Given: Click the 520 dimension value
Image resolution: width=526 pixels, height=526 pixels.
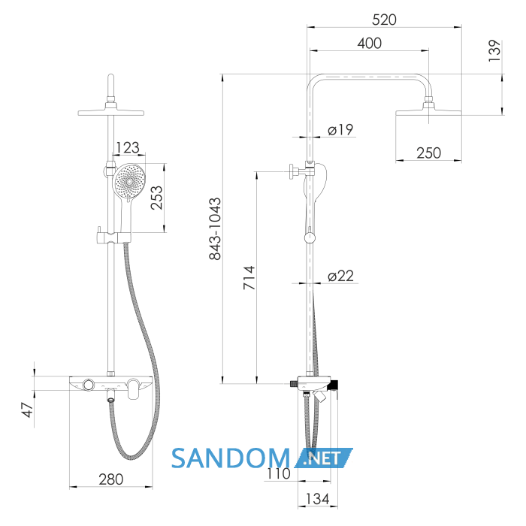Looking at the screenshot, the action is coord(384,20).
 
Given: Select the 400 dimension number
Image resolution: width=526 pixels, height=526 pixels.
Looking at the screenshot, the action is coord(370,44).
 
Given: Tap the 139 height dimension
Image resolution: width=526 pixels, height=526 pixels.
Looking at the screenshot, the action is coord(494,50).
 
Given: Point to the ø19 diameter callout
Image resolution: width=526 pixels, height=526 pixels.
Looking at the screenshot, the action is coord(340,129).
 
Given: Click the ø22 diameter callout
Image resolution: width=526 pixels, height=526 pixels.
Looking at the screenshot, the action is coord(340,276).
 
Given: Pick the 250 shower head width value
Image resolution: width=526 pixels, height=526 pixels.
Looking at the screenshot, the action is coord(428,153).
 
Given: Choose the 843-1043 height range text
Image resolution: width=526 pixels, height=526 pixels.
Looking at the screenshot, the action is coord(215,228).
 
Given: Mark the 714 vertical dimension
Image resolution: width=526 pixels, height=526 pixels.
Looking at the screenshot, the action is coord(249,278).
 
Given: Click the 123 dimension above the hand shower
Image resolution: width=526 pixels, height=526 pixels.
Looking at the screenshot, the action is coord(127,147).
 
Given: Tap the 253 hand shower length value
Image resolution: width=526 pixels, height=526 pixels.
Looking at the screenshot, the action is coord(156,198).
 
